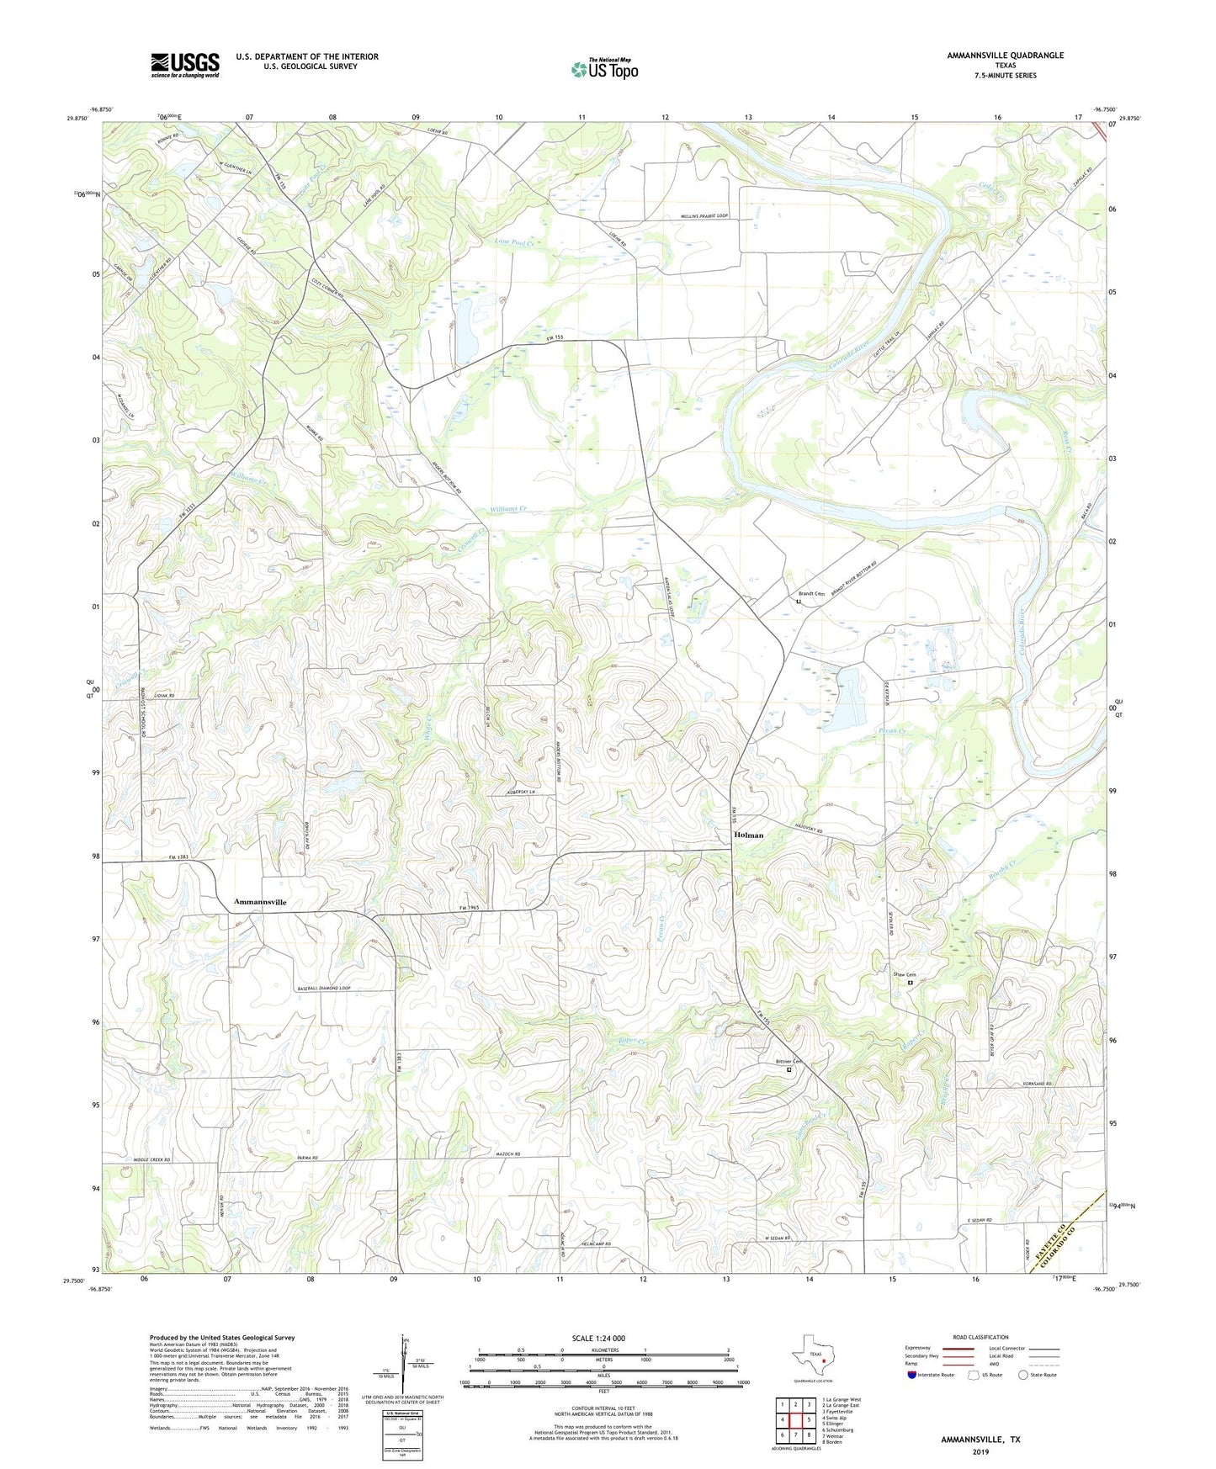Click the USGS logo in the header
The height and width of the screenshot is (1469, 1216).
185,64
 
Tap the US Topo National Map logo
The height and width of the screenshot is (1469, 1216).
603,69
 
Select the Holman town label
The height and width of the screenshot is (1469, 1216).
749,835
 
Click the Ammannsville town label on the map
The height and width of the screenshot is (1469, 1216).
260,902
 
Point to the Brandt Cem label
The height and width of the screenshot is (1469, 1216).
811,594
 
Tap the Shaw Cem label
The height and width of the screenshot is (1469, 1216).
905,975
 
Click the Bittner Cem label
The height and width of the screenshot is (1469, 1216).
789,1062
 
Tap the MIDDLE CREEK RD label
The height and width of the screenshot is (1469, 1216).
152,1159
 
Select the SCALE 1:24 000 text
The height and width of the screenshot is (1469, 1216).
597,1338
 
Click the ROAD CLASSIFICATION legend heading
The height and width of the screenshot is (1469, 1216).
980,1337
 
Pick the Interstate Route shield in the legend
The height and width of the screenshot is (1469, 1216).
911,1375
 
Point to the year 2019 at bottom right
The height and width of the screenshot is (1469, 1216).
980,1451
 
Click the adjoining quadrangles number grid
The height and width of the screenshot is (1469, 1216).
795,1419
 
